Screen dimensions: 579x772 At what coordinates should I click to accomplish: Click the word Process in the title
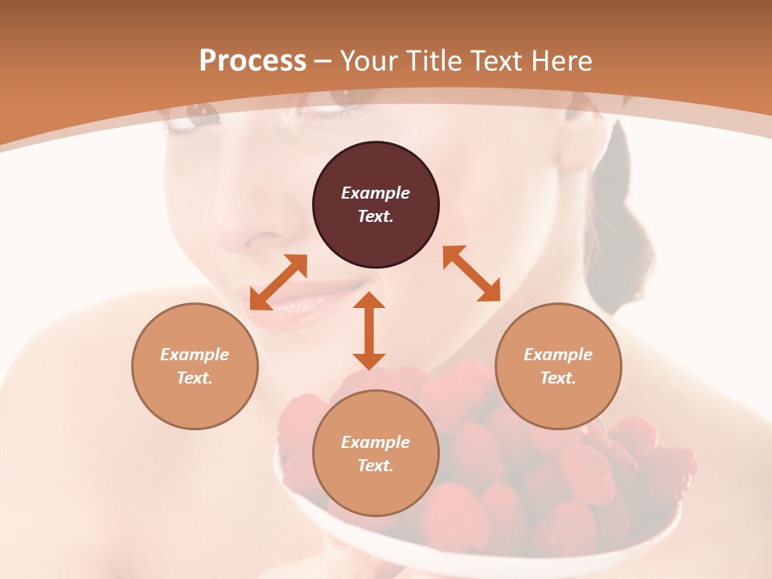coord(253,61)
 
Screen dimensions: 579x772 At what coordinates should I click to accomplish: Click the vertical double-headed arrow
coord(369,331)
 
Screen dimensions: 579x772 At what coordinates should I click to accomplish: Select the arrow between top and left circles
coord(278,282)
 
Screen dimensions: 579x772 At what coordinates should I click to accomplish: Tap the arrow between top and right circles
coord(471,273)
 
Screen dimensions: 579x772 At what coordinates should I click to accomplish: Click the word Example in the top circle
coord(376,193)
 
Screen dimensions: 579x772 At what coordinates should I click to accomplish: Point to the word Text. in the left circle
coord(195,378)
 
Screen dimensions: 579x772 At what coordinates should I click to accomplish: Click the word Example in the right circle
coord(558,355)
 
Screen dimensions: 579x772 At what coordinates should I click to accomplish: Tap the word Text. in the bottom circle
coord(376,466)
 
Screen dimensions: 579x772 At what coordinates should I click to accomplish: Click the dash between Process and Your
coord(323,62)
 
